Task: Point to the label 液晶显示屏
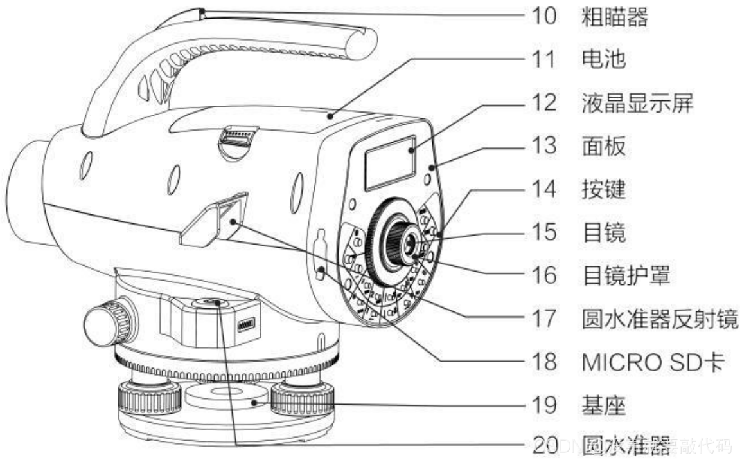[637, 103]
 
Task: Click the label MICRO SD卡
[653, 362]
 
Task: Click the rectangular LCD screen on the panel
[390, 162]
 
